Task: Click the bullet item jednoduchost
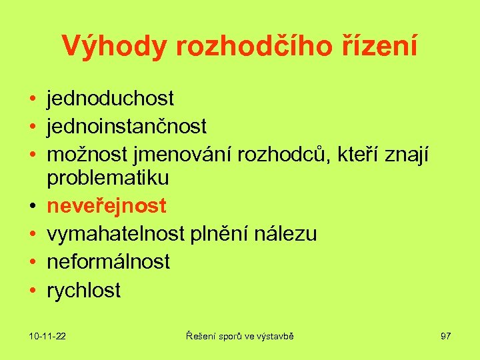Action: coord(110,99)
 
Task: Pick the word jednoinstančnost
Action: coord(127,125)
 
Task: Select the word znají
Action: coord(409,155)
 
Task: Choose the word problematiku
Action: coord(107,179)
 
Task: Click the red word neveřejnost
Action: coord(106,207)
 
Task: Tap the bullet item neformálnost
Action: coord(108,261)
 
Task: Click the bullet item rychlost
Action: coord(84,290)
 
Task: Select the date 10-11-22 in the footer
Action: coord(47,336)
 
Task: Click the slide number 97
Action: coord(445,336)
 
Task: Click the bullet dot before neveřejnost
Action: coord(32,207)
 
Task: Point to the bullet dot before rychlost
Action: coord(32,291)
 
